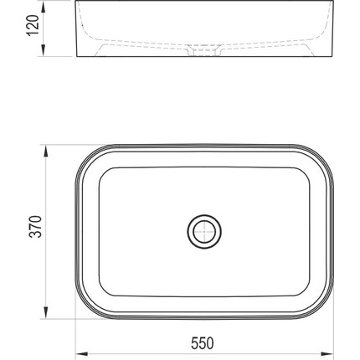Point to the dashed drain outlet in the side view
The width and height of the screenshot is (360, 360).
tap(203, 53)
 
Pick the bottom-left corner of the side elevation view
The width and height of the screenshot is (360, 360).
tap(78, 59)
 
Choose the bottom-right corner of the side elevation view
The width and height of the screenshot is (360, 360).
tap(330, 59)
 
